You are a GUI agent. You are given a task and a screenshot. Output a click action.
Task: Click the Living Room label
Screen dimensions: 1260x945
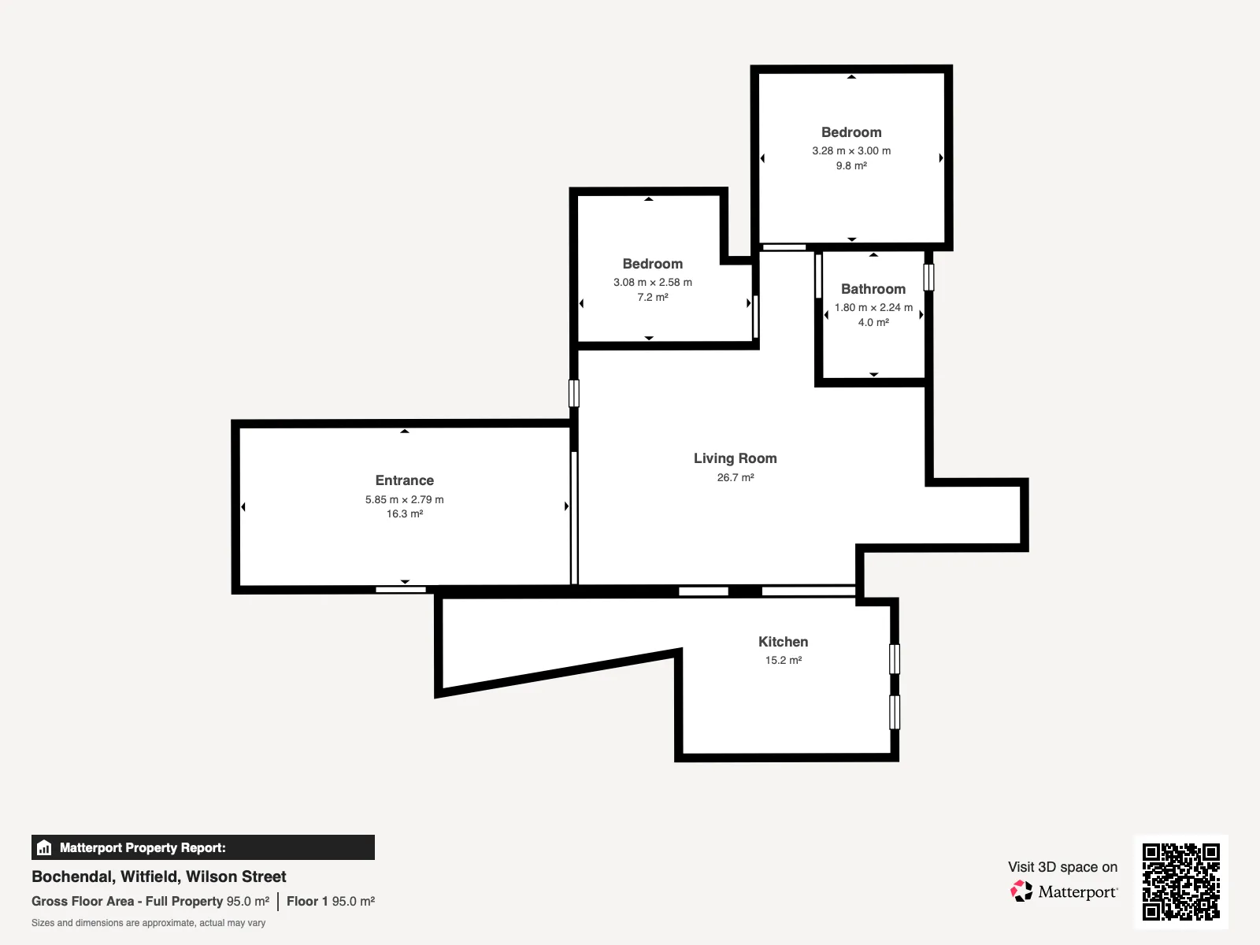[x=735, y=458]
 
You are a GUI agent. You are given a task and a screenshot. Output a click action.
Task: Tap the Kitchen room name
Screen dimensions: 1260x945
[x=783, y=642]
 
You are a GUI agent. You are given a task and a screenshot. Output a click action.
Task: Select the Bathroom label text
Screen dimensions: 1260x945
[x=873, y=289]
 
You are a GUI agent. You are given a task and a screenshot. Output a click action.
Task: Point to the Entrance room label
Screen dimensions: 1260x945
[x=404, y=480]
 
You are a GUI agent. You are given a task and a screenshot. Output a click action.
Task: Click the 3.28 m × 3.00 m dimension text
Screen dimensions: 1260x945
[x=850, y=151]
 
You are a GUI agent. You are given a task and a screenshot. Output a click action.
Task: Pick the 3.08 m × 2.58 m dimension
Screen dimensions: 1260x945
[x=652, y=282]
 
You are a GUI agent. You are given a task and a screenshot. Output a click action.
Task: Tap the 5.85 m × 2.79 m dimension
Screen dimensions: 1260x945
[x=404, y=500]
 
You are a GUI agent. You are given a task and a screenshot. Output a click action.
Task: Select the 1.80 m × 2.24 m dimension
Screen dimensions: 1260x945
[x=873, y=308]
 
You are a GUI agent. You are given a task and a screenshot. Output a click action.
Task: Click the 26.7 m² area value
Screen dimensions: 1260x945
[x=735, y=477]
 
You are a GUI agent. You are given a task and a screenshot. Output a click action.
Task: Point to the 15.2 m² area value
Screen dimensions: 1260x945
[x=783, y=661]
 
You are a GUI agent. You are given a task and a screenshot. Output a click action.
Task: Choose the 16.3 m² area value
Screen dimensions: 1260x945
[x=404, y=514]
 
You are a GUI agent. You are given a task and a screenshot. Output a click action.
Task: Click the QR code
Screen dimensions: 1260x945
[x=1180, y=882]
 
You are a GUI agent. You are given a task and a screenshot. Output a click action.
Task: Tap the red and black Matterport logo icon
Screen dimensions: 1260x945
[x=1021, y=891]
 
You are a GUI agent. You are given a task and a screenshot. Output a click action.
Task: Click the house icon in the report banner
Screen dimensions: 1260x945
[x=44, y=847]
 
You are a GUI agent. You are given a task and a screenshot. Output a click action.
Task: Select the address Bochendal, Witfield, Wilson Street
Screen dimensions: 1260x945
[x=158, y=876]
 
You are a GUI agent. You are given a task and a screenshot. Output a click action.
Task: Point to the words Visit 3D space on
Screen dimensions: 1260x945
[x=1062, y=867]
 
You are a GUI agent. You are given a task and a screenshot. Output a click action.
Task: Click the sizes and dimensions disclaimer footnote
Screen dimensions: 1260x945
[x=148, y=923]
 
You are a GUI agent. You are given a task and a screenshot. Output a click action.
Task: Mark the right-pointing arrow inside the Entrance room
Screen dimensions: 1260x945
[x=566, y=506]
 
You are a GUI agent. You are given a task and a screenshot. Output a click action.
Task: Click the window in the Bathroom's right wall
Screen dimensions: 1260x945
[x=928, y=277]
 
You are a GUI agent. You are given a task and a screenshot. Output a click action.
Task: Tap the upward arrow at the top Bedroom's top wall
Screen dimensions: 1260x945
[x=851, y=77]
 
